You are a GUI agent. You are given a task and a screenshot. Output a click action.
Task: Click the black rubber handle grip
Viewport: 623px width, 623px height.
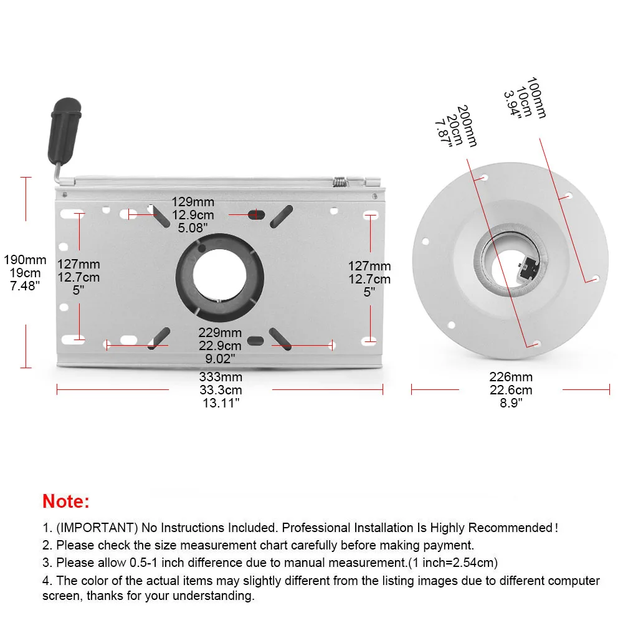pyautogui.click(x=64, y=131)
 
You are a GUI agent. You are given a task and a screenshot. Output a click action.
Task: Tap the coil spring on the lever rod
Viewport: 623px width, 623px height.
pyautogui.click(x=340, y=181)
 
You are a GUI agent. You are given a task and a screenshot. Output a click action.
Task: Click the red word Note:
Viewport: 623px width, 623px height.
pyautogui.click(x=66, y=501)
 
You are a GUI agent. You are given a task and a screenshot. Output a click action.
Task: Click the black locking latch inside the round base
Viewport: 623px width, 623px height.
pyautogui.click(x=528, y=266)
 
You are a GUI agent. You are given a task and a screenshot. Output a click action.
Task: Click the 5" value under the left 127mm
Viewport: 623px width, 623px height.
pyautogui.click(x=78, y=290)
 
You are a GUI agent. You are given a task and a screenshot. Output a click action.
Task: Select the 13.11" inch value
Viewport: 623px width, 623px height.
pyautogui.click(x=221, y=403)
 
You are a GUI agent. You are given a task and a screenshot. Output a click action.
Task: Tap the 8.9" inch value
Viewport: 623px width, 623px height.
pyautogui.click(x=511, y=403)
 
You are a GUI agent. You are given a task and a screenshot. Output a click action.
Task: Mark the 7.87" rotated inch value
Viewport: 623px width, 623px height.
pyautogui.click(x=444, y=134)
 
